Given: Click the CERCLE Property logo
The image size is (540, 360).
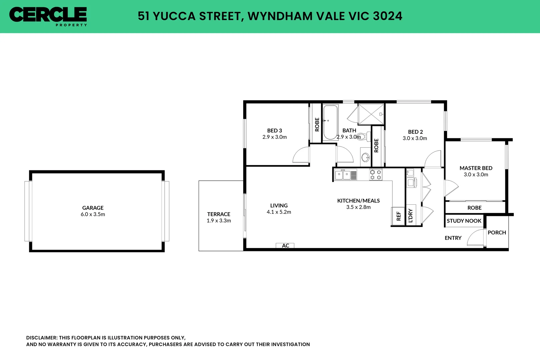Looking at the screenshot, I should (48, 16).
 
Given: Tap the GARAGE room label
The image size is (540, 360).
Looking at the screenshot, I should (93, 208).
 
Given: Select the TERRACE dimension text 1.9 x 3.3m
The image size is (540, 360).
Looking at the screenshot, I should (219, 221).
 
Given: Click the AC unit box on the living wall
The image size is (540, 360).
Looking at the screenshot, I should (285, 246).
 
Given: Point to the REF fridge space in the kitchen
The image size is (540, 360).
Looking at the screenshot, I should (398, 216).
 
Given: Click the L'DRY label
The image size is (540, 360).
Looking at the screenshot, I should (410, 215).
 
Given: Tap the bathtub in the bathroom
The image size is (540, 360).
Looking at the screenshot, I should (330, 122).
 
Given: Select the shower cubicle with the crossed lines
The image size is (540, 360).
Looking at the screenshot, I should (371, 114).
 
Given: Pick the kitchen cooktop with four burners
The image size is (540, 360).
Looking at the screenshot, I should (376, 175).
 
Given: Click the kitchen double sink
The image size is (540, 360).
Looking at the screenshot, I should (343, 175).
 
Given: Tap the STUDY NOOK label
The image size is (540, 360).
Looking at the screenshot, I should (464, 221).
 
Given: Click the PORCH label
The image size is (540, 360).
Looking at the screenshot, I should (496, 232).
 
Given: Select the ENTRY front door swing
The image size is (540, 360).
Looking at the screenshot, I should (475, 237).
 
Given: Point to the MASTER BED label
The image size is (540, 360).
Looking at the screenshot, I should (476, 168).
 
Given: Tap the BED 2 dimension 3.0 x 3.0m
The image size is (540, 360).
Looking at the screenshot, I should (414, 138).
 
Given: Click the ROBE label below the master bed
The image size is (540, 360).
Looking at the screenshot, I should (474, 208).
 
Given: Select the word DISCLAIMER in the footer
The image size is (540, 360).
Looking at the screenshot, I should (42, 338).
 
